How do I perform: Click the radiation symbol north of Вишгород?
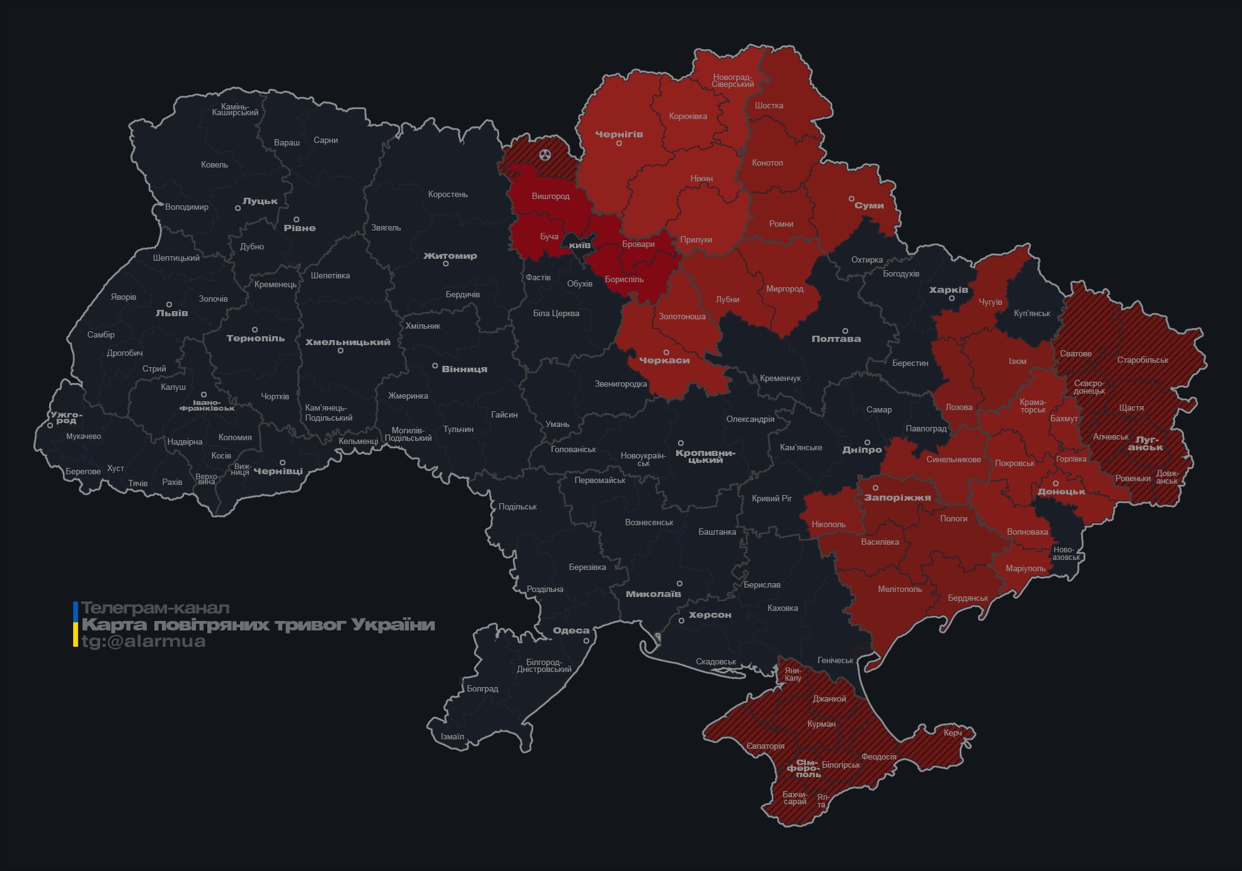[x=545, y=154]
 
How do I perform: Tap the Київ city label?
[x=580, y=244]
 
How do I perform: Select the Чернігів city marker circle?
[x=619, y=144]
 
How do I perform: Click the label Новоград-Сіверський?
[x=733, y=81]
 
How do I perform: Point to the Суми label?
[x=869, y=205]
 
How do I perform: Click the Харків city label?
[x=948, y=290]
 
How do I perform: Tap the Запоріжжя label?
[x=897, y=498]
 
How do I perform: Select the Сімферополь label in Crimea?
[x=805, y=768]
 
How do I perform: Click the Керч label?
[x=953, y=732]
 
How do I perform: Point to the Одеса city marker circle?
[x=586, y=641]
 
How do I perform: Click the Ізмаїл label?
[x=452, y=736]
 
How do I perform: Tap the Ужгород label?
[x=66, y=417]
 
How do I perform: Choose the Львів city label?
[x=171, y=312]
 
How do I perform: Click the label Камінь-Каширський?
[x=235, y=110]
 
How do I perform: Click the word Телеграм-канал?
[x=155, y=608]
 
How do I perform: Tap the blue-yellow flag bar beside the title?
[x=76, y=624]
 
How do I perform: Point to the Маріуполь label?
[x=1025, y=568]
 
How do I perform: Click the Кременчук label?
[x=780, y=378]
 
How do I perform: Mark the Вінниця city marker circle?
[x=435, y=366]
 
